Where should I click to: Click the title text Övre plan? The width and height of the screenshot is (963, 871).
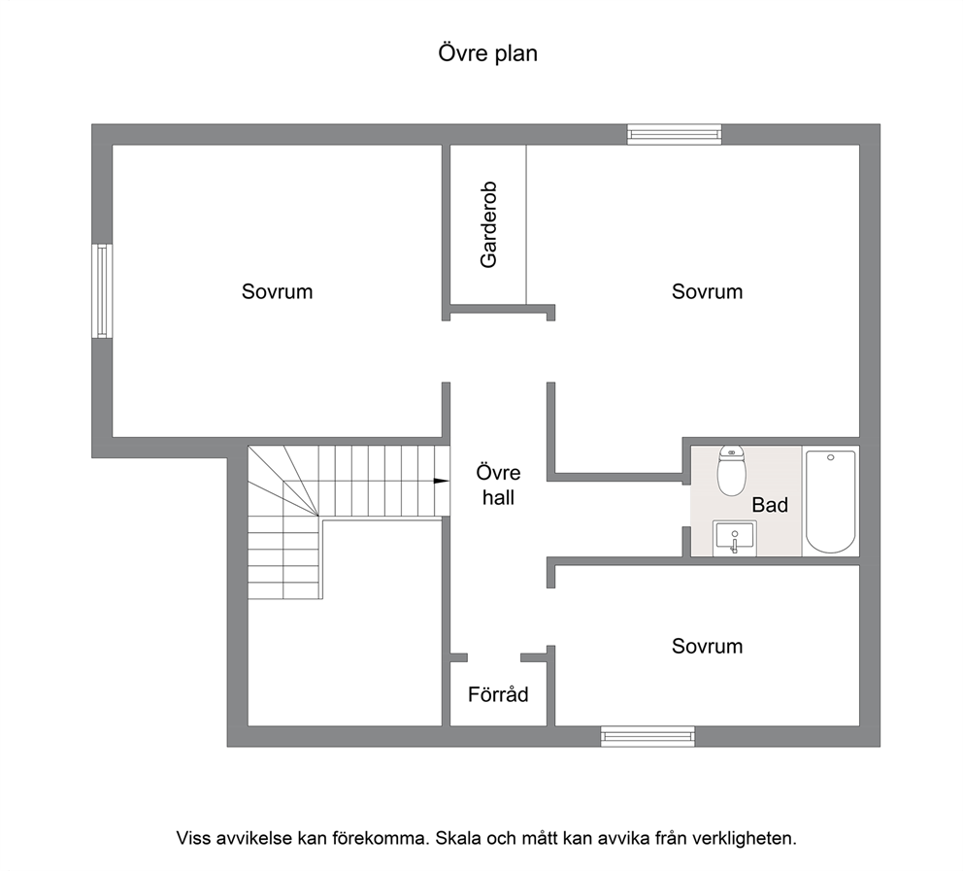click(x=487, y=53)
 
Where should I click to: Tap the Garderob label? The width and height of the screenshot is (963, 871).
click(x=488, y=225)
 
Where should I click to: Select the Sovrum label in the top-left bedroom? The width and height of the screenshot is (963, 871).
click(x=277, y=291)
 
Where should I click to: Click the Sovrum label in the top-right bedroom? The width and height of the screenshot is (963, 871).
click(x=707, y=291)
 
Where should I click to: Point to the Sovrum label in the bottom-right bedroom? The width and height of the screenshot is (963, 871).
click(x=707, y=646)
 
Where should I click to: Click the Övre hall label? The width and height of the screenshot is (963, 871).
click(x=498, y=486)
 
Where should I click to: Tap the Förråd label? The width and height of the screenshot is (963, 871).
click(x=498, y=694)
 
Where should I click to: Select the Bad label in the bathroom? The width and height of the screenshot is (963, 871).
click(x=770, y=505)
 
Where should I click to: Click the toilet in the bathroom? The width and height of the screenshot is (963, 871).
click(x=731, y=471)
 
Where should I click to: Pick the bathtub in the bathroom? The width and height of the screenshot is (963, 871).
click(x=830, y=502)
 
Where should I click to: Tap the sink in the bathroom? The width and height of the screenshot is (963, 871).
click(x=735, y=538)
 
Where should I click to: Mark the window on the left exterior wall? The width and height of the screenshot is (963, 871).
click(x=102, y=290)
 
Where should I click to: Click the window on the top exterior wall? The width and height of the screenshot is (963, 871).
click(x=675, y=134)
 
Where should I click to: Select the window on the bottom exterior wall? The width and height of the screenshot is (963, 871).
click(x=648, y=736)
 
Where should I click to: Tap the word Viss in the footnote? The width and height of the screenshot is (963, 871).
click(x=193, y=838)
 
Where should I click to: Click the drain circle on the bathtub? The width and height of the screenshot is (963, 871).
click(x=830, y=457)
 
